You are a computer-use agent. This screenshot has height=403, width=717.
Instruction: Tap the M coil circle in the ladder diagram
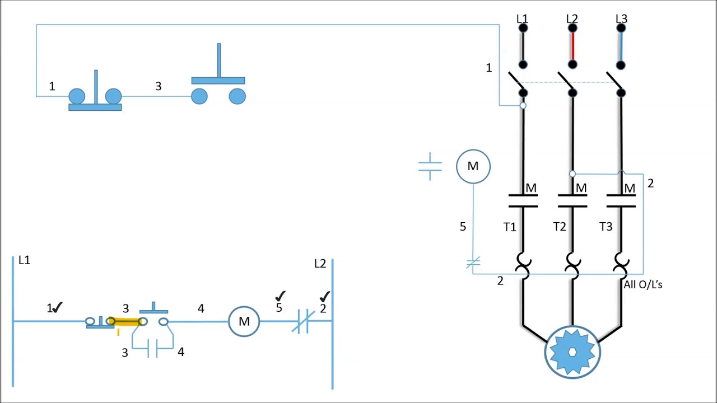(x=244, y=321)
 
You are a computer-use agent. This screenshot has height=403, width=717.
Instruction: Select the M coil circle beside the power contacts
(x=473, y=166)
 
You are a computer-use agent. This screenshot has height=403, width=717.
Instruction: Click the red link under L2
(x=572, y=46)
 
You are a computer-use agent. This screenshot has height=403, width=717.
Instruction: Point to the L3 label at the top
(x=621, y=19)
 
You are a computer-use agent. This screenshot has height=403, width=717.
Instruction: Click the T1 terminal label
(x=509, y=227)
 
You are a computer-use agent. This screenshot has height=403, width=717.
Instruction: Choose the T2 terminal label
(x=559, y=227)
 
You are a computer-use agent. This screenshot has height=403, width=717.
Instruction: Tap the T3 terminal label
(x=606, y=227)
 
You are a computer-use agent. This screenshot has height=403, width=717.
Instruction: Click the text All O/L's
(x=642, y=284)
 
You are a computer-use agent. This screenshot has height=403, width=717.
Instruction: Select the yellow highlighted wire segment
(x=127, y=321)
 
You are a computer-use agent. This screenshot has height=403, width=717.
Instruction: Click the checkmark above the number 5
(x=280, y=296)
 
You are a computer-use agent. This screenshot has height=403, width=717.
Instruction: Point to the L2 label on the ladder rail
(x=320, y=264)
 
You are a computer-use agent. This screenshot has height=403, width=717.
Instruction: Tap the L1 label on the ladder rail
(x=24, y=260)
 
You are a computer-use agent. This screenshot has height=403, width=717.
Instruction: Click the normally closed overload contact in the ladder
(x=303, y=322)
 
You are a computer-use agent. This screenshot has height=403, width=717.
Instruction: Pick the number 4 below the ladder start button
(x=180, y=352)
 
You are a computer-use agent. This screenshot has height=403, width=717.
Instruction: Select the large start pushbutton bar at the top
(x=218, y=81)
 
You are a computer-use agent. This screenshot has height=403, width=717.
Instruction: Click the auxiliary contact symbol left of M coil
(x=430, y=166)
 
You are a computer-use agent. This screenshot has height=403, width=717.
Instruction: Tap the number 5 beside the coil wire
(x=463, y=227)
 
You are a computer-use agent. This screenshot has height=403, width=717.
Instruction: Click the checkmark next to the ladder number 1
(x=58, y=307)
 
